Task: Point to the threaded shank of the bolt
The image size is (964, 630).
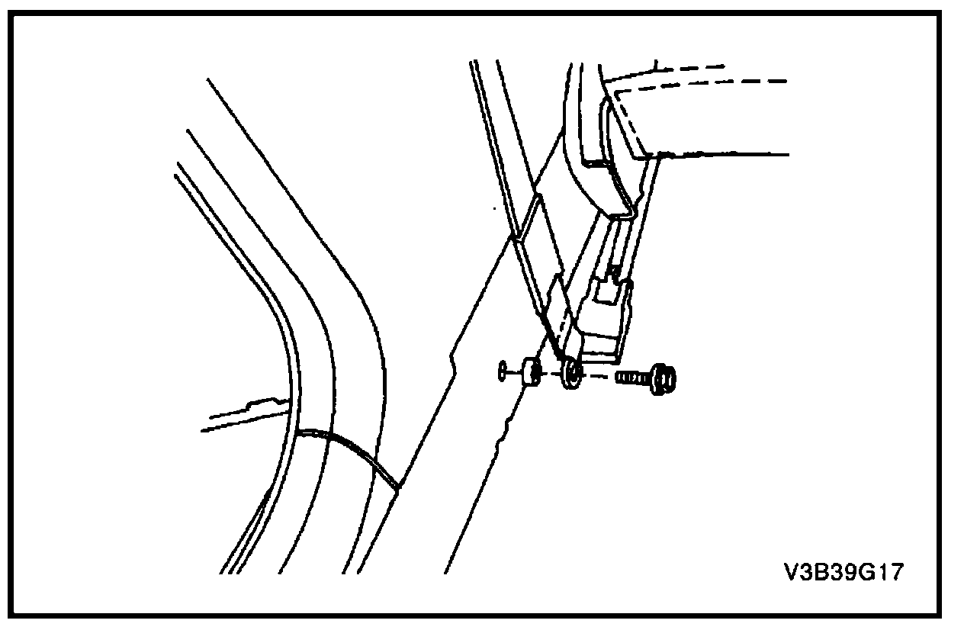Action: [x=630, y=378]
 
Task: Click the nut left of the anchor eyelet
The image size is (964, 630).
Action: [x=531, y=373]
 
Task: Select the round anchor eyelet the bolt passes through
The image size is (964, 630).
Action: [x=570, y=373]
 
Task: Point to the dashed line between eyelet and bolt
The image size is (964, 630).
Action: [x=599, y=376]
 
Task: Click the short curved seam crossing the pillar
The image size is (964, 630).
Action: [x=347, y=450]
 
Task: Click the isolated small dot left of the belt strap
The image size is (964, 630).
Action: [x=496, y=207]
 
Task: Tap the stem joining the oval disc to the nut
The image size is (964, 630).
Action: [x=513, y=373]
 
